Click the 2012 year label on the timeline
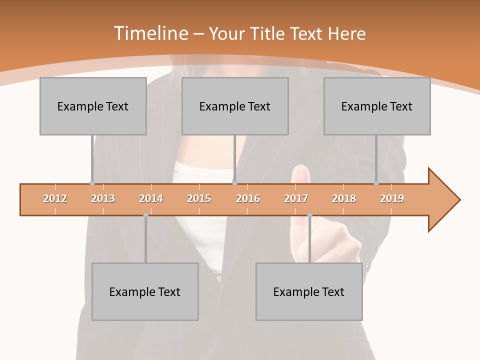tap(55, 199)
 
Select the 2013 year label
tap(103, 199)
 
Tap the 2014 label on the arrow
tap(151, 199)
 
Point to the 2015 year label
tap(199, 199)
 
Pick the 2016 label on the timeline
tap(248, 199)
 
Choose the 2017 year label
tap(296, 199)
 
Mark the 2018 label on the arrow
tap(344, 199)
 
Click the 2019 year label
tap(392, 199)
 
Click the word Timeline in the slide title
tap(150, 33)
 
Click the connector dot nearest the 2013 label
tap(92, 183)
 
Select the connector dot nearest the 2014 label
tap(145, 215)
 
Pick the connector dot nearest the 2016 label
tap(234, 183)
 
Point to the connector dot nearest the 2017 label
tap(309, 215)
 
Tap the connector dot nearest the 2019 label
tap(376, 183)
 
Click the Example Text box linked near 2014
tap(145, 291)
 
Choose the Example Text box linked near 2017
tap(309, 291)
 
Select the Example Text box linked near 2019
tap(377, 106)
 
